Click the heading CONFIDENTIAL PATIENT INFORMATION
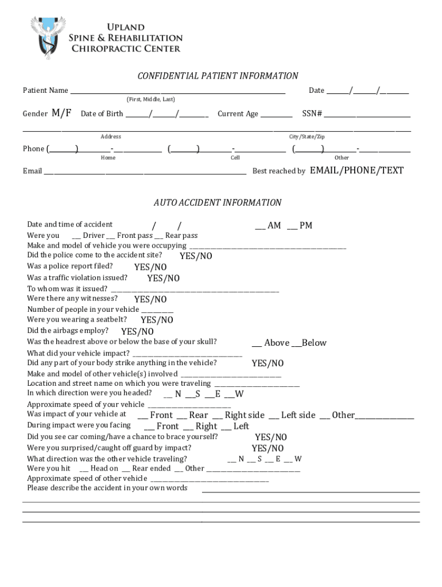coord(217,76)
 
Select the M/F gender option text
coord(61,113)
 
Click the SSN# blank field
coord(367,114)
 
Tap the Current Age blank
coord(276,114)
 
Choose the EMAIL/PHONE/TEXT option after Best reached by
coord(356,171)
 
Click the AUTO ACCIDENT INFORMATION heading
coord(217,203)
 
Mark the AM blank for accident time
coord(259,226)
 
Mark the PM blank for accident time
coord(292,226)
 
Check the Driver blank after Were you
coord(77,236)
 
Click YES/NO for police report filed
coord(150,267)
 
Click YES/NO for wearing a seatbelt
coord(157,320)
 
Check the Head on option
coord(80,468)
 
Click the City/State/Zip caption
coord(307,137)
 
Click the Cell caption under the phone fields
coord(235,158)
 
